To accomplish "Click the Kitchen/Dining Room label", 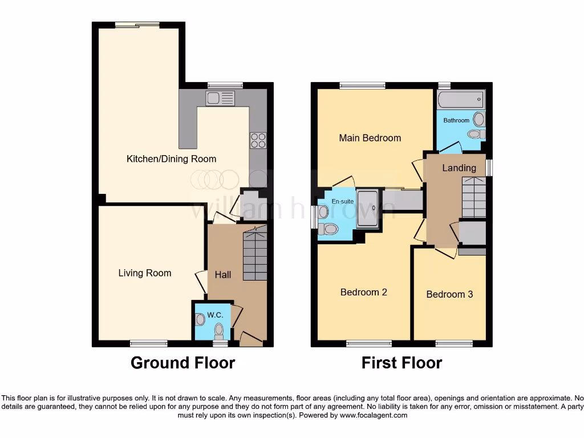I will (x=171, y=159).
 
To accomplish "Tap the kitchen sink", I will (x=220, y=98).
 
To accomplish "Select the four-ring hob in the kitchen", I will (x=258, y=140).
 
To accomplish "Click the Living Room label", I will (x=144, y=273).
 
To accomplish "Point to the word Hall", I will (x=222, y=275).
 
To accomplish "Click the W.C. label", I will (x=214, y=315).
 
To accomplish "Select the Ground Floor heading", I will (x=182, y=363).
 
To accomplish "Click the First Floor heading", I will (x=401, y=363).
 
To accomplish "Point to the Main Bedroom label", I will (x=370, y=138).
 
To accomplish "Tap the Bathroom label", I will (x=456, y=120).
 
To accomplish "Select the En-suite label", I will (x=343, y=201).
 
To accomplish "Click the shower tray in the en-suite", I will (x=367, y=209).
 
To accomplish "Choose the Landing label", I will (x=459, y=168).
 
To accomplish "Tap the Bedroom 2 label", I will (x=363, y=292).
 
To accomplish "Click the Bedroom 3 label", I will (x=449, y=294).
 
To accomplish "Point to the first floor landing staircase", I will (x=473, y=197).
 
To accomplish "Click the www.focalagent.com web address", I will (x=373, y=416).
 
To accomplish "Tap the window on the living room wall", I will (x=148, y=343).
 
